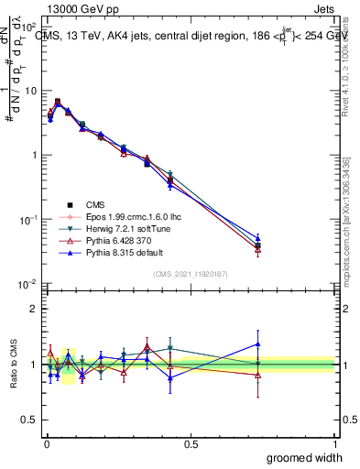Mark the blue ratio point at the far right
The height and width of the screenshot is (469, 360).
point(257,344)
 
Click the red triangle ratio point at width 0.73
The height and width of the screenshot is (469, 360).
point(257,375)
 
